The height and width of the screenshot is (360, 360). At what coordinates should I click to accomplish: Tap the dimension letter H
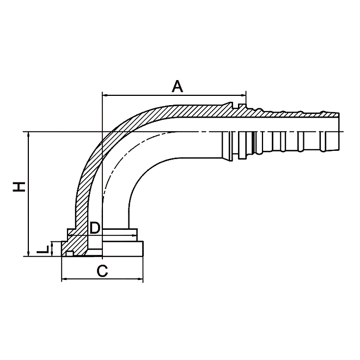(x=20, y=187)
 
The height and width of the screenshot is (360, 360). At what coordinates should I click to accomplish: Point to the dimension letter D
(x=94, y=228)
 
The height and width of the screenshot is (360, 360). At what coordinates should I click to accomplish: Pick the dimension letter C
(x=101, y=271)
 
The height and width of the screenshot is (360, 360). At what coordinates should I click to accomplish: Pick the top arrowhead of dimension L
(x=52, y=243)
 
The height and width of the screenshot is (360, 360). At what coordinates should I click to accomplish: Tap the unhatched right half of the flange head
(x=123, y=248)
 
